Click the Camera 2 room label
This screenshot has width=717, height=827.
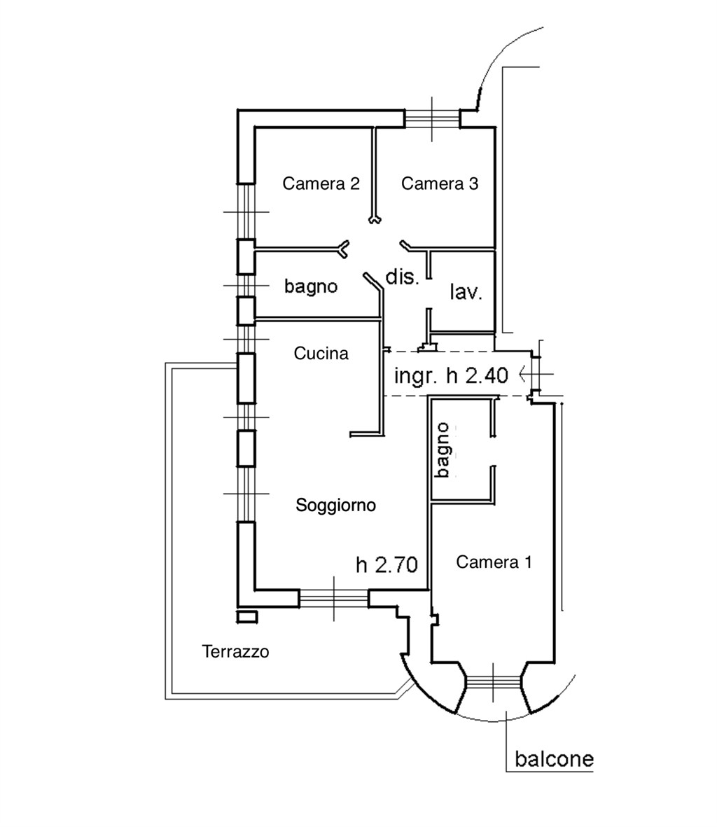[x=321, y=183]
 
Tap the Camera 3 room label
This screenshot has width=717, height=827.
[x=440, y=183]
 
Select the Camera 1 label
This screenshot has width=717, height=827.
[x=494, y=562]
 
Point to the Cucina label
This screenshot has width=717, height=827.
[x=321, y=354]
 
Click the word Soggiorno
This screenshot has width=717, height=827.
[x=336, y=506]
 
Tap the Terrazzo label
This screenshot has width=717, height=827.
[x=235, y=652]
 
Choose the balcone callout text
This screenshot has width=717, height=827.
[x=554, y=759]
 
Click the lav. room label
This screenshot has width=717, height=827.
[x=466, y=292]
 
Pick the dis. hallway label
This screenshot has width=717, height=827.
[x=402, y=277]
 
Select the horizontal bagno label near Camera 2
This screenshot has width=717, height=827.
[x=310, y=286]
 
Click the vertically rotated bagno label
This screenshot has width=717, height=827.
[x=443, y=450]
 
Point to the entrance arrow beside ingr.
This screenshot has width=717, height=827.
[x=536, y=374]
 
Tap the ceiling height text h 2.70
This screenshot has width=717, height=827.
[x=387, y=565]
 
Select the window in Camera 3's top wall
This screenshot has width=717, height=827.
[x=432, y=118]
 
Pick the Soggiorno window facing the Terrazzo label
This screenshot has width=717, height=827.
[x=334, y=599]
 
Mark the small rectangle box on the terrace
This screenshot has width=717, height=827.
[x=247, y=617]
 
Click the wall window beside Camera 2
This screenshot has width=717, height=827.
[x=246, y=212]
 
